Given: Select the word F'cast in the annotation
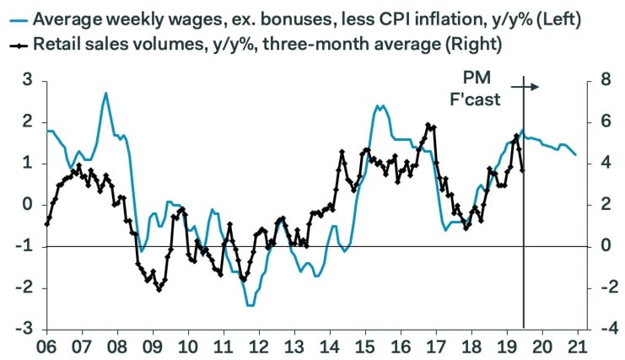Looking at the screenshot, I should tap(475, 99).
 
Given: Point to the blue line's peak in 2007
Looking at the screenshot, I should tap(105, 93).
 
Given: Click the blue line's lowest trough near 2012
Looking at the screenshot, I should tap(250, 304).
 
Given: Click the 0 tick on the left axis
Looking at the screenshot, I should tap(27, 205).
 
